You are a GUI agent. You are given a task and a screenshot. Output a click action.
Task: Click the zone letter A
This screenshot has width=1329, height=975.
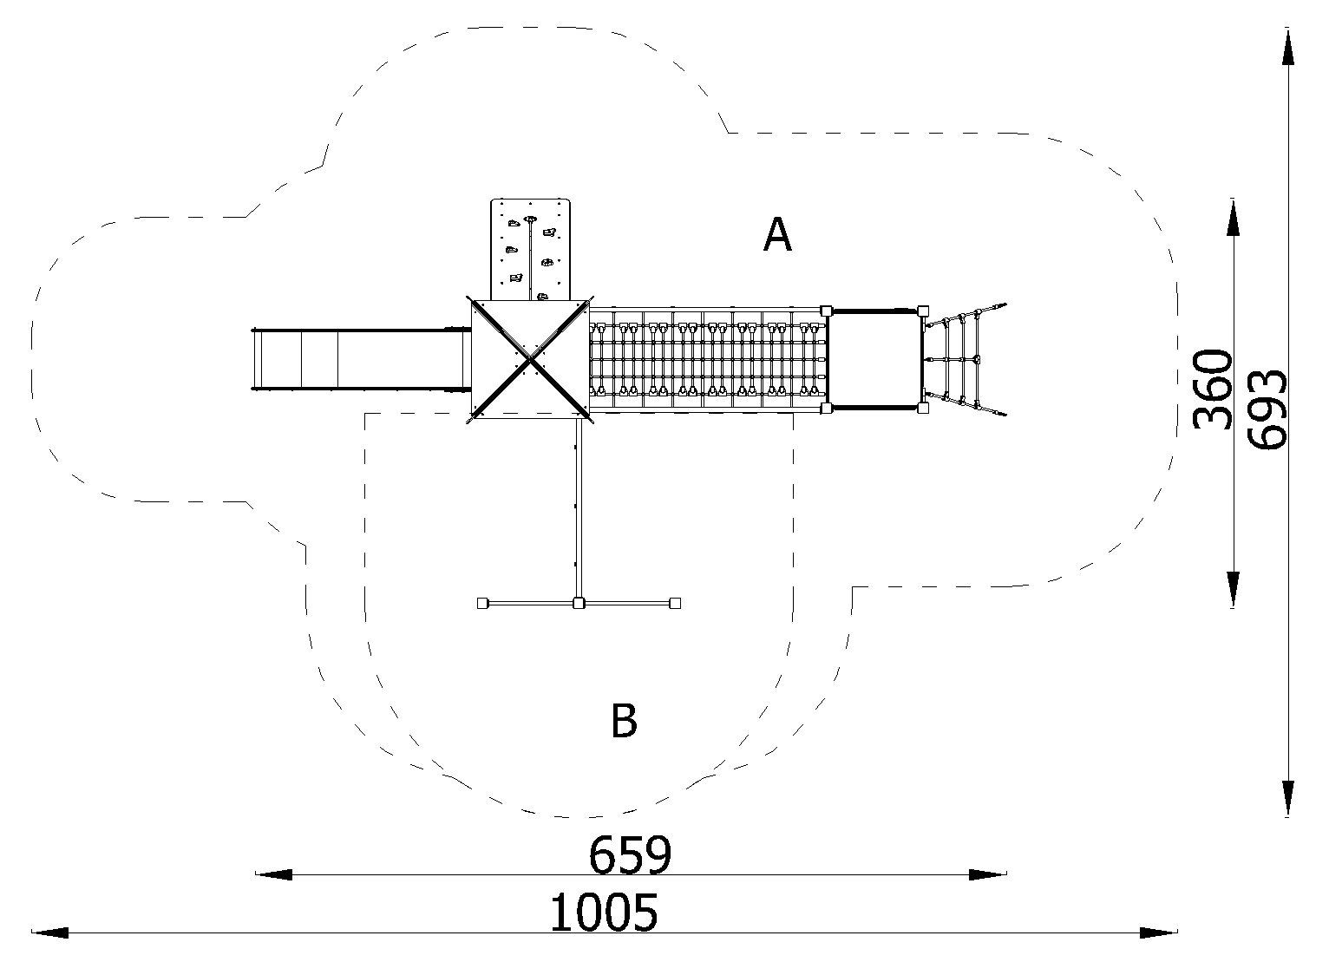[777, 234]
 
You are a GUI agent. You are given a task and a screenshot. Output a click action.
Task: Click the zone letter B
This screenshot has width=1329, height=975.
[624, 721]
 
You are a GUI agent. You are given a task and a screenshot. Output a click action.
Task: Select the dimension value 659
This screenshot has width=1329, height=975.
[630, 855]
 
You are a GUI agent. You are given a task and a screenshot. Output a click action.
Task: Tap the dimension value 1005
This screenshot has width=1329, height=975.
[604, 913]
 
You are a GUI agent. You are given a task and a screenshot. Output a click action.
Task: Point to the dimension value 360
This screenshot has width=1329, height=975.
[1212, 389]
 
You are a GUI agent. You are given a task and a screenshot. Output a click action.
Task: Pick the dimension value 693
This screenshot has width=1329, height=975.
[1267, 409]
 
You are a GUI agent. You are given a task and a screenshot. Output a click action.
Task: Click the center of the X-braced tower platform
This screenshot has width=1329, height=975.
[530, 359]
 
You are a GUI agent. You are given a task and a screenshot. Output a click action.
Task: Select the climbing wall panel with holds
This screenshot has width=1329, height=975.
[530, 249]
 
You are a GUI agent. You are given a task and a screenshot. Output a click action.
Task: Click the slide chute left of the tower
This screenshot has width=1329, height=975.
[360, 360]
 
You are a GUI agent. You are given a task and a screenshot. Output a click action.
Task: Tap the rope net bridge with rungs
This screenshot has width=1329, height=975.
[707, 359]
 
